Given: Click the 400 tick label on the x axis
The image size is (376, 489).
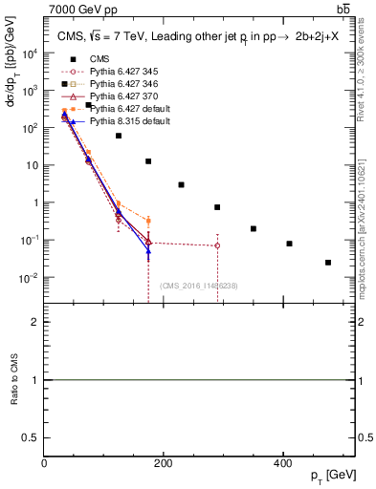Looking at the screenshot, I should tap(282, 463).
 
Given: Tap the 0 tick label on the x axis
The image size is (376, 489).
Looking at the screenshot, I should tap(45, 463).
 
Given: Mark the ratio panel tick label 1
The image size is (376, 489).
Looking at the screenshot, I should tap(36, 380).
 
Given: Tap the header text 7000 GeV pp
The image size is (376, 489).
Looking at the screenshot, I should tap(77, 9).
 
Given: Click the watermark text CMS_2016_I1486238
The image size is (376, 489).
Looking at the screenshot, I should tap(199, 286).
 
